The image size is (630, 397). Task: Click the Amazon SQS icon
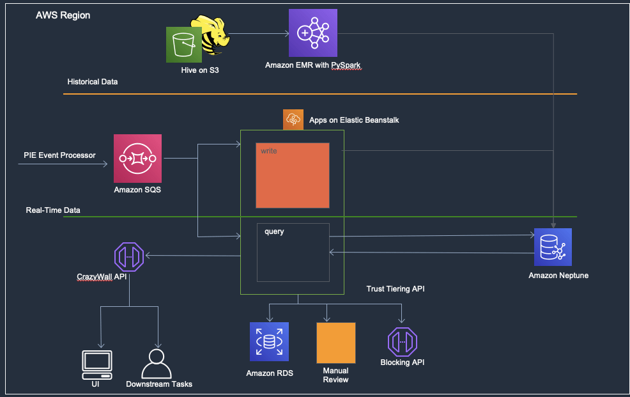click(137, 159)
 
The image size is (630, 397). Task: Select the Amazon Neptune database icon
click(553, 247)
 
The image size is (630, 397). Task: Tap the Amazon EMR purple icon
click(313, 33)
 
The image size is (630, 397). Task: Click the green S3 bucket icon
click(184, 45)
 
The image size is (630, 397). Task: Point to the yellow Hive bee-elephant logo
click(211, 35)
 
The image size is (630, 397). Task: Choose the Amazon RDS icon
click(269, 341)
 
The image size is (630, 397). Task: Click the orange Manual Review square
click(336, 343)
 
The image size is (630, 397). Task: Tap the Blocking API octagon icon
click(402, 342)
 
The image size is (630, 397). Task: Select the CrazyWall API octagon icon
click(129, 257)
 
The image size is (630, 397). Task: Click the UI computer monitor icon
click(97, 365)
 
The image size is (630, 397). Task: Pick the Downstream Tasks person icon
click(157, 364)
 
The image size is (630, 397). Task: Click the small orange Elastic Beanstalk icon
click(293, 120)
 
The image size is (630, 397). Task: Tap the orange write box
click(293, 176)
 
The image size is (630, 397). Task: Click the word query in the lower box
click(274, 231)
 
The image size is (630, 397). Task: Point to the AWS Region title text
click(63, 15)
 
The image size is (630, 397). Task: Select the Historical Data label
click(93, 82)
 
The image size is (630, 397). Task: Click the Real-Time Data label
click(53, 210)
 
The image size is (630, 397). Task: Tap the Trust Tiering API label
click(396, 289)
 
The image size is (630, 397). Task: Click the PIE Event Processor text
click(59, 155)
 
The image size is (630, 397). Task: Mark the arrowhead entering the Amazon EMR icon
click(287, 34)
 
